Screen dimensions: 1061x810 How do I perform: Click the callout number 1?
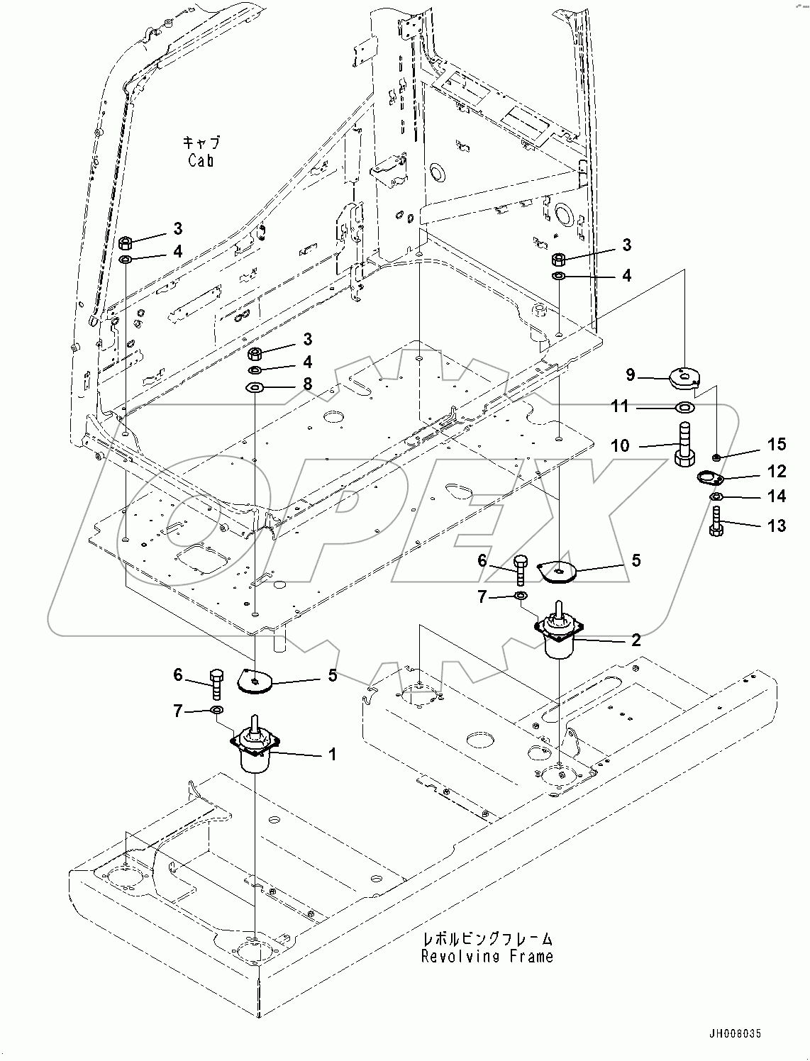(331, 754)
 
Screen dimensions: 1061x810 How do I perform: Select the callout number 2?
(636, 640)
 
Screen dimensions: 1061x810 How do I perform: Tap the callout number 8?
(307, 384)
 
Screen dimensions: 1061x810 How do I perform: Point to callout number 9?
(630, 375)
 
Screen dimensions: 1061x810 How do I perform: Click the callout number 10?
(619, 445)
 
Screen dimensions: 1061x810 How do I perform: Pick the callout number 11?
(620, 406)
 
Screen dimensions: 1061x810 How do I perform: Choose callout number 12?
(777, 471)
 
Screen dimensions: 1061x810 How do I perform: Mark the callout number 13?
(777, 526)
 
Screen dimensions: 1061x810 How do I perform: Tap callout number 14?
(777, 496)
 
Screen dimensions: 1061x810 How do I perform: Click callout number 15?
(777, 444)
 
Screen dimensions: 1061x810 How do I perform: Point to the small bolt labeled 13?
(716, 523)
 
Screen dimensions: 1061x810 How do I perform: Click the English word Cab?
(201, 161)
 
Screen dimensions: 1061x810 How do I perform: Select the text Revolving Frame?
(487, 956)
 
